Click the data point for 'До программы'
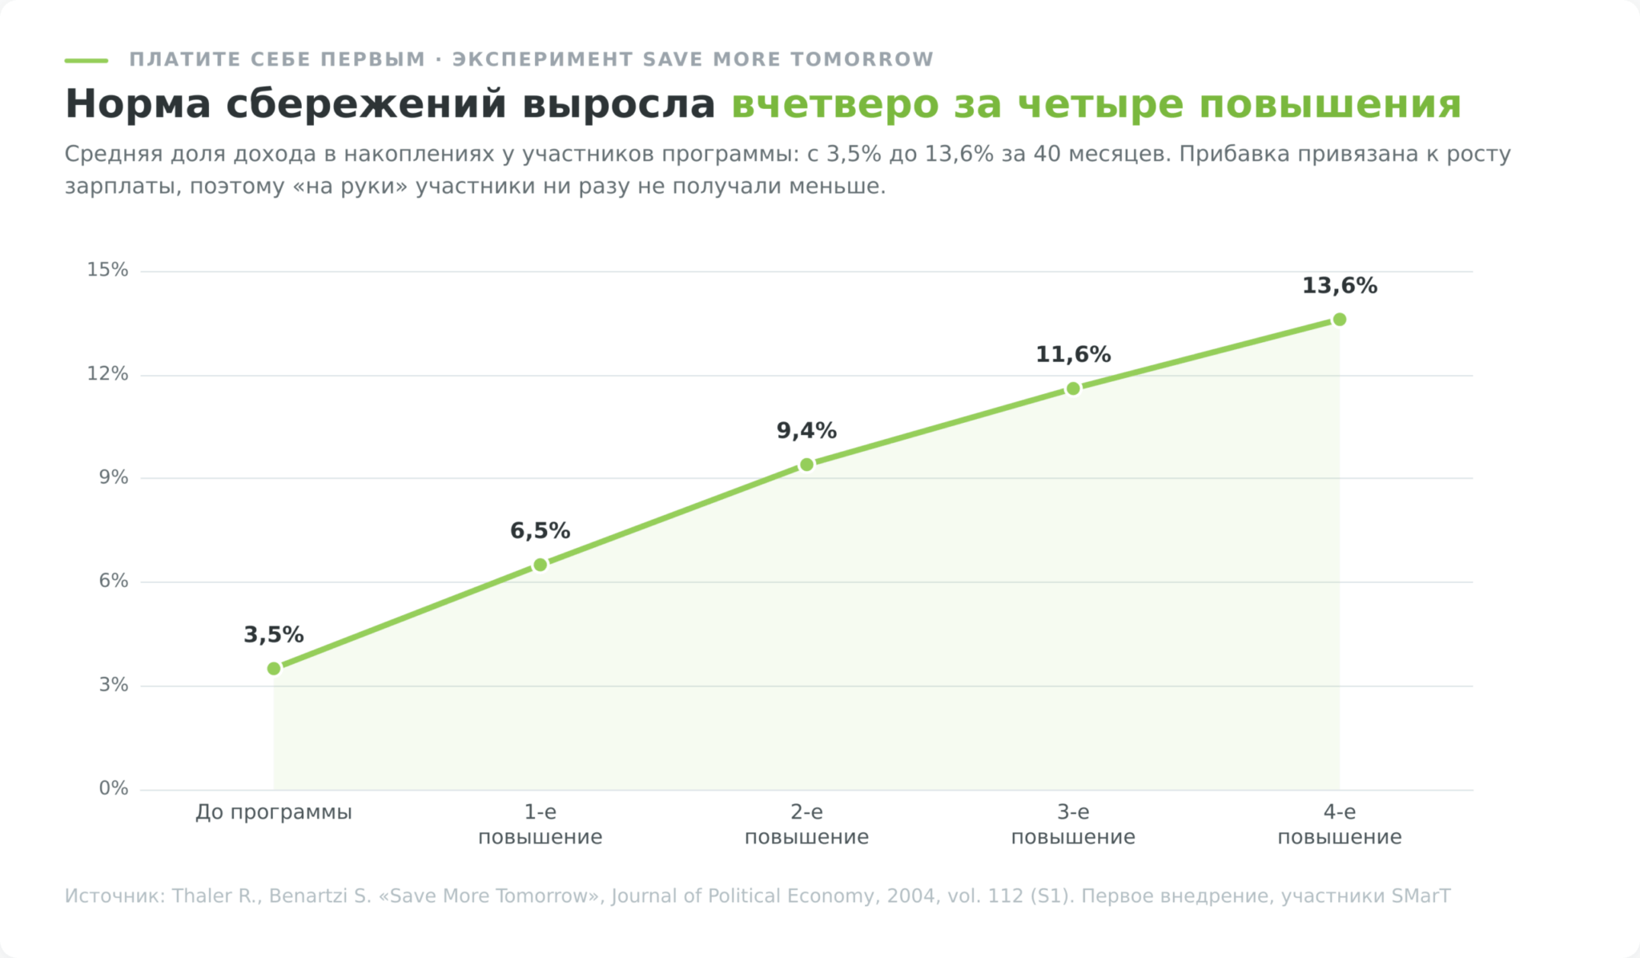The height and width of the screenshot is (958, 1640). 274,669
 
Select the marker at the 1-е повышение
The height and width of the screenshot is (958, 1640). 541,566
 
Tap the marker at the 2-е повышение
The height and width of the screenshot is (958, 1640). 806,465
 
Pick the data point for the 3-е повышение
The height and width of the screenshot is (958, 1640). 1073,389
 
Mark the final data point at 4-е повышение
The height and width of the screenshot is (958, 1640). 1340,320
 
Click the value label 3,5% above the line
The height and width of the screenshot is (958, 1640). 274,635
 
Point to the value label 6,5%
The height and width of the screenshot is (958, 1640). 541,531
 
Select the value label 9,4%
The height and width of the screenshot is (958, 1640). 806,431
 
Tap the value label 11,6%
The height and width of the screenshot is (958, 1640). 1073,355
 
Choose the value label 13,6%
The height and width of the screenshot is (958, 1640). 1340,286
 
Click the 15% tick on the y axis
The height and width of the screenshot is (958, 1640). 107,270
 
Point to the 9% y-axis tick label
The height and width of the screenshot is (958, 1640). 114,478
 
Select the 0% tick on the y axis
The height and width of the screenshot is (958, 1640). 114,789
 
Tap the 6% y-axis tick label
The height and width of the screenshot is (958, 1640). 114,582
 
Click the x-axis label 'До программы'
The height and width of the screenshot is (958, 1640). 274,813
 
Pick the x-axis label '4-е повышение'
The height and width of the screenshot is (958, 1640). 1340,825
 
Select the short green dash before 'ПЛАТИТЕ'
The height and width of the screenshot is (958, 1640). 86,60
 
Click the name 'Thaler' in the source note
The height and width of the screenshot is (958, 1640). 201,896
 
